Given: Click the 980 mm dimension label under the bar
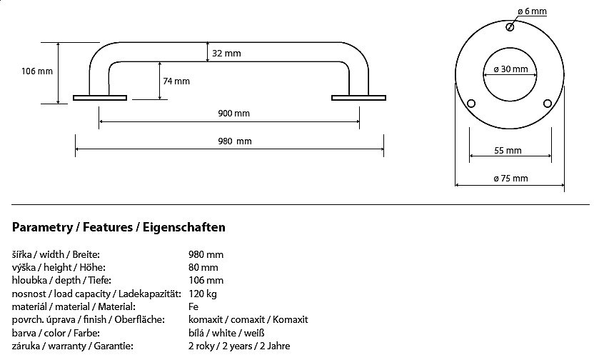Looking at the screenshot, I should tap(235, 141).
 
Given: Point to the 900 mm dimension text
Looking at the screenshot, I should tap(234, 114).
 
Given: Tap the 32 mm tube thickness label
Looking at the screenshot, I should tap(227, 54).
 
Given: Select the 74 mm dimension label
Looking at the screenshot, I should tap(176, 81).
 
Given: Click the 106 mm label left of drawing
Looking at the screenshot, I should tap(37, 71).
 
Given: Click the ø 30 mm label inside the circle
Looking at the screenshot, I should tap(510, 69).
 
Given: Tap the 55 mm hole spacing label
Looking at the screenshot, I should tap(508, 151).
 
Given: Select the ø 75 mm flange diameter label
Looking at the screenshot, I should tap(510, 178).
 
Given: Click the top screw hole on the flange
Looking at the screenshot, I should tap(509, 27).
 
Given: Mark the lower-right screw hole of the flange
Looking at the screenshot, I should tap(548, 104).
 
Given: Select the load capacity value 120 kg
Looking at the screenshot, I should tap(203, 294).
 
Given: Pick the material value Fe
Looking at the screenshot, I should tap(193, 306).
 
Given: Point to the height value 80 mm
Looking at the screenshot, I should tap(204, 267).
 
